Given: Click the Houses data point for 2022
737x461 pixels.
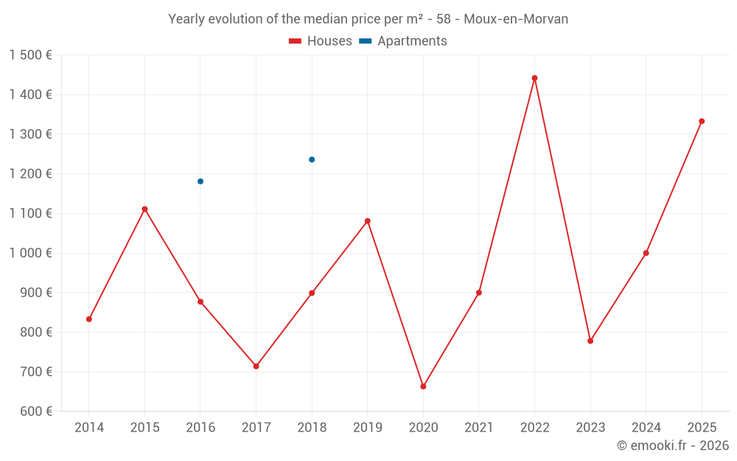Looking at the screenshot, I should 534,78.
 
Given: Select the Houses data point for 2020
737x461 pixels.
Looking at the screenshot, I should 423,387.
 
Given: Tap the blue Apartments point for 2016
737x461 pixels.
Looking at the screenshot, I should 200,181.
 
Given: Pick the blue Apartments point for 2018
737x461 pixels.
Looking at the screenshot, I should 312,159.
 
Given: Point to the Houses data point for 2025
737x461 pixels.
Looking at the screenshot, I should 702,121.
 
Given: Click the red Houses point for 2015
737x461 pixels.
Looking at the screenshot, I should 144,209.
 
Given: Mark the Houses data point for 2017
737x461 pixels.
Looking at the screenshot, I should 256,366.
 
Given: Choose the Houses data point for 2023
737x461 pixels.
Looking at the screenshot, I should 590,341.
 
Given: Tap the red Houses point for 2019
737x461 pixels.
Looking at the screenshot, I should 368,221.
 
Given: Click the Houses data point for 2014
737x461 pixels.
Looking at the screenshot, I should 89,319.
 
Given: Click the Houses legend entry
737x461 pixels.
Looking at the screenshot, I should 321,41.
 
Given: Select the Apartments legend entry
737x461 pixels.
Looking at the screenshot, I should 403,41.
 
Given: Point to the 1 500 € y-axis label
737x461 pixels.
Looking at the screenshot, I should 30,55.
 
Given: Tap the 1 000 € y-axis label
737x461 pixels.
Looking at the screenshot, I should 30,253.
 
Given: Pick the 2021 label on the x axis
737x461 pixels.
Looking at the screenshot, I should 479,428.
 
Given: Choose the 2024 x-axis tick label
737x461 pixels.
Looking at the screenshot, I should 646,428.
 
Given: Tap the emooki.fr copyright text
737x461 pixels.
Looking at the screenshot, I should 673,446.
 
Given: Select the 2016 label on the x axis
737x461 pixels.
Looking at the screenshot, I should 200,428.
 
